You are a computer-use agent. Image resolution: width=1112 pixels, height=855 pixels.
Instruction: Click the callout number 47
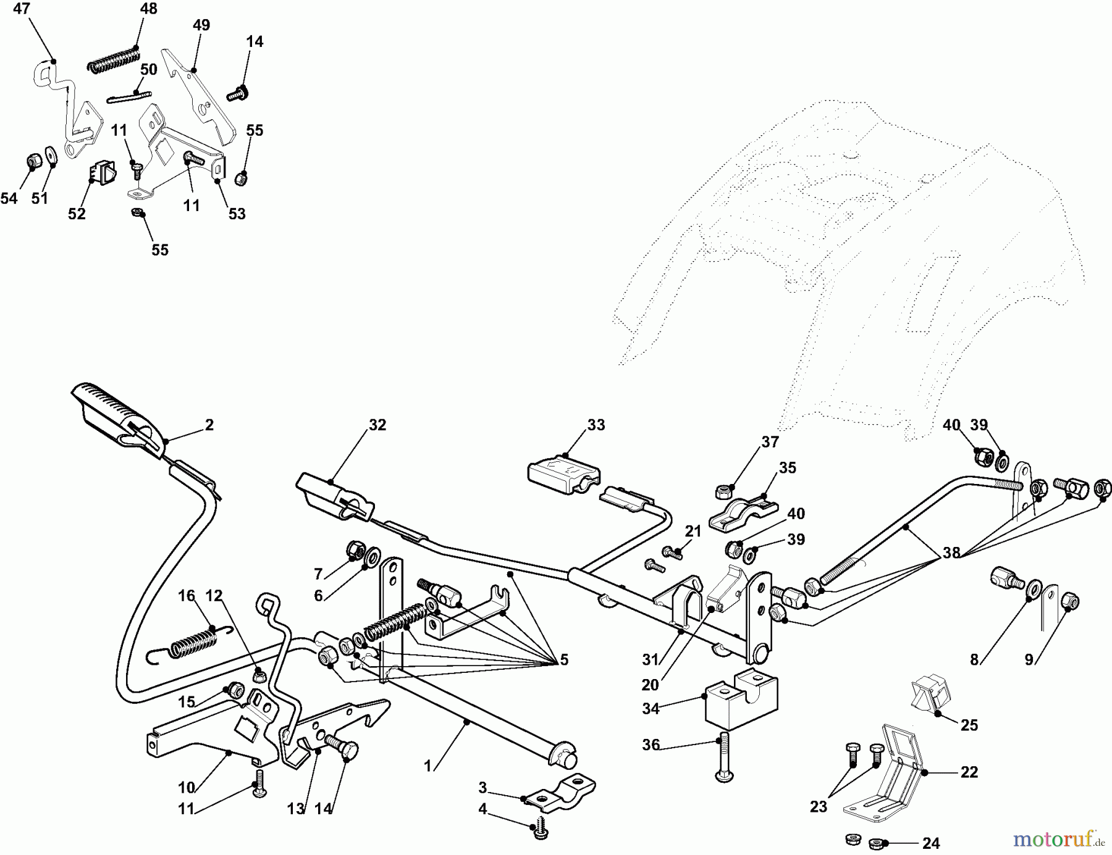[21, 9]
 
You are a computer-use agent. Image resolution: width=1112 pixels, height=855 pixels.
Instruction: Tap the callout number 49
[201, 25]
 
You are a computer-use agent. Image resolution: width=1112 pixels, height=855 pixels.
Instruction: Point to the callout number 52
[77, 214]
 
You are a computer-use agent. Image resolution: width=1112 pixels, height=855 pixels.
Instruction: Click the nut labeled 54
[33, 162]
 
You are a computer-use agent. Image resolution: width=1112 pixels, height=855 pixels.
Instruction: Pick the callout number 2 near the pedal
[209, 425]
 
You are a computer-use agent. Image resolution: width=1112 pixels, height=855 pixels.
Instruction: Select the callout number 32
[377, 425]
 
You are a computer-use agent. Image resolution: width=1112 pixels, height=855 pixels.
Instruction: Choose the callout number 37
[770, 442]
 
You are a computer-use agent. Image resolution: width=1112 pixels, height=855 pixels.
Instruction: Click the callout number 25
[969, 725]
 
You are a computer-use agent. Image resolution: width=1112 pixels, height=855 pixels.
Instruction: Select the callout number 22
[969, 772]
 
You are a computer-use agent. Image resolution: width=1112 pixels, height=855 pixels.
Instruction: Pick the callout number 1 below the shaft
[428, 766]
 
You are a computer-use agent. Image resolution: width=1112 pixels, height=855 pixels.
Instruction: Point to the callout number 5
[563, 660]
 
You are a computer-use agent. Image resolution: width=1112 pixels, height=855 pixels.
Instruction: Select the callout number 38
[951, 553]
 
